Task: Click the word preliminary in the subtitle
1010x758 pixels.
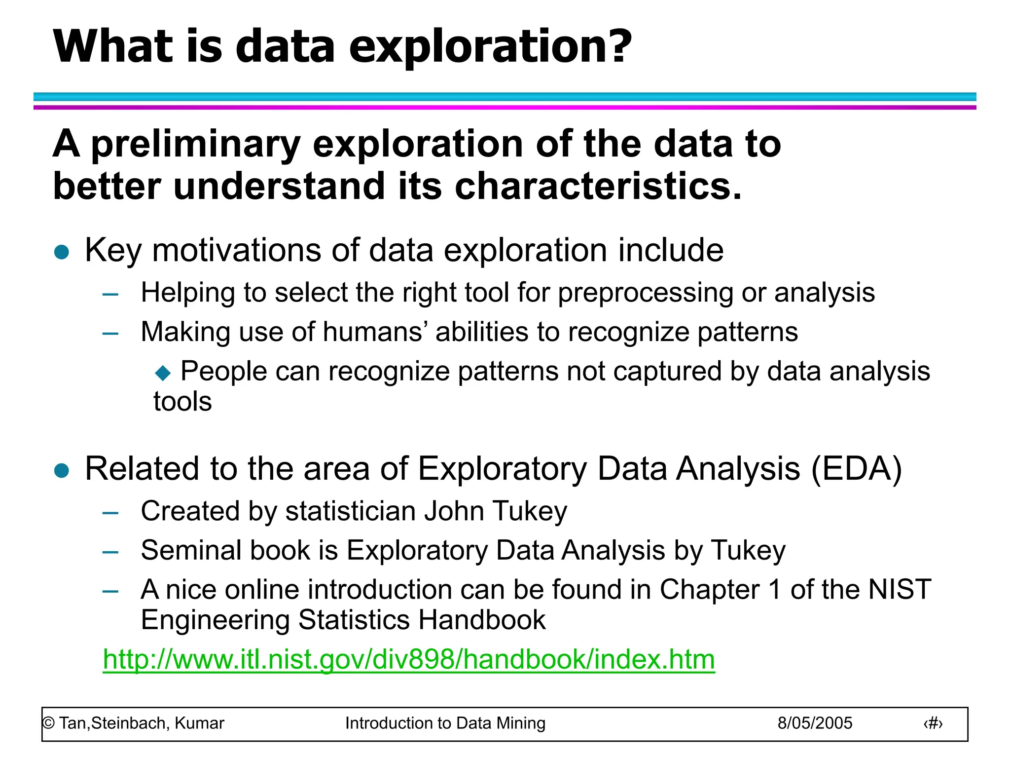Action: click(x=196, y=144)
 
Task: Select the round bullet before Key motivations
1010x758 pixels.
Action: click(x=62, y=252)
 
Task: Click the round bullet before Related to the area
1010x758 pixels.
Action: click(x=62, y=470)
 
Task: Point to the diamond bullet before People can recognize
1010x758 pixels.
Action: click(x=163, y=373)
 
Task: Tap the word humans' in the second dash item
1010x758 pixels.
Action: click(x=375, y=332)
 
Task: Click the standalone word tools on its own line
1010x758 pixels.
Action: click(x=182, y=401)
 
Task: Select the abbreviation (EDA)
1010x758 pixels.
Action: click(x=857, y=468)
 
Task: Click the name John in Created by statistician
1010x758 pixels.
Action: click(x=454, y=511)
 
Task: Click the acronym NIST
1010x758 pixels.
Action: click(x=899, y=589)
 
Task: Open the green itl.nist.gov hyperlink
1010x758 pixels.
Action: click(x=408, y=659)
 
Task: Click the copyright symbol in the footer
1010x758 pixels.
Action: click(x=48, y=723)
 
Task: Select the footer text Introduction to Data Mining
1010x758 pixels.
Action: click(x=445, y=723)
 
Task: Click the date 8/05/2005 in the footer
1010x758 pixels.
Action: click(x=815, y=723)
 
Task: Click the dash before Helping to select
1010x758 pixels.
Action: click(x=110, y=295)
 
